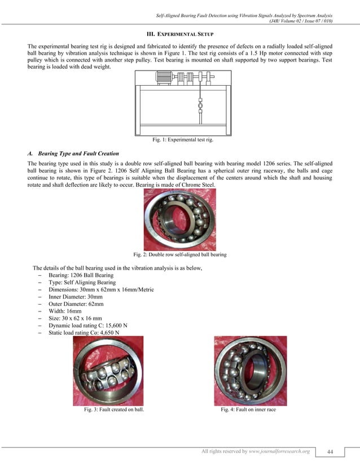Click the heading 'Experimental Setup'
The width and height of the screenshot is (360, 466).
tap(179, 34)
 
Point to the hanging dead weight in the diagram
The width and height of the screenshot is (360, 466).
tap(200, 104)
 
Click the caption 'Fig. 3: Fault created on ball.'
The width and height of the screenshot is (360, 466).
tap(113, 410)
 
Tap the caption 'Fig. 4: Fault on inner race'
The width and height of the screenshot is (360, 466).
tap(248, 410)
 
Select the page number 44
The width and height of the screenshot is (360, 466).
tap(330, 451)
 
